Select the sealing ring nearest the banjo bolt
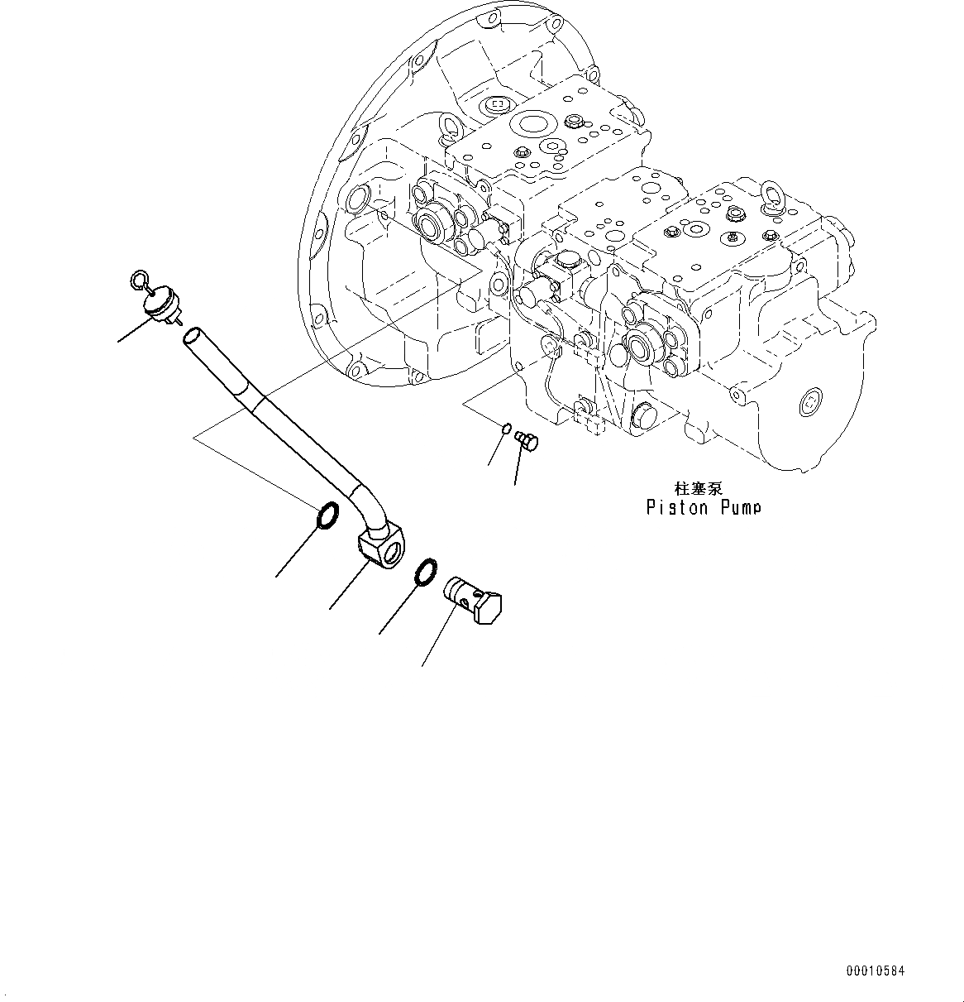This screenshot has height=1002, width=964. point(424,571)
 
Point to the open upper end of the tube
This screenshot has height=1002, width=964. point(190,335)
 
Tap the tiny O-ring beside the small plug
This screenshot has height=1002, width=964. point(506,427)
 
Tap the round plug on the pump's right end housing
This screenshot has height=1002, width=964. point(809,403)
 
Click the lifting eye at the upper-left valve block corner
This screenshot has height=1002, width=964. point(451,124)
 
